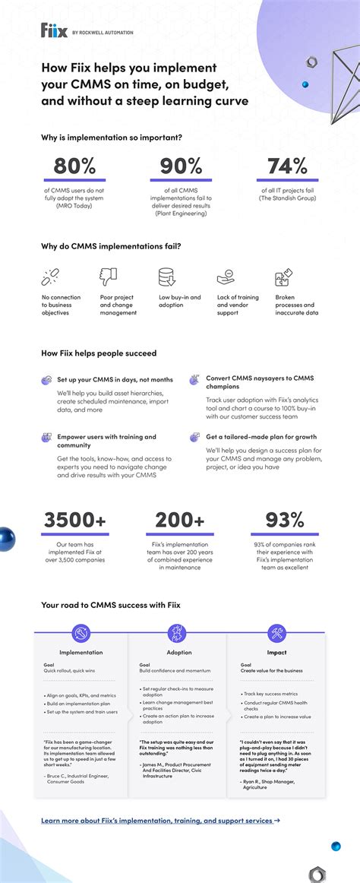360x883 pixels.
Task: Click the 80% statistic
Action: tap(74, 166)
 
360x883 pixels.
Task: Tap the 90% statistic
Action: tap(180, 166)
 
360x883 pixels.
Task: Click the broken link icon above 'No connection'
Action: tap(51, 277)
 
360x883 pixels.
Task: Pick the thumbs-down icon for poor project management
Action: tap(109, 277)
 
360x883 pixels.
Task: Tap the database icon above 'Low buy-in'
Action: tap(167, 277)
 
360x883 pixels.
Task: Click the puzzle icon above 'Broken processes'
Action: tap(283, 277)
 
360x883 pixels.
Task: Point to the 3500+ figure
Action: tap(74, 520)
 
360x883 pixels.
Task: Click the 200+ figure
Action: tap(180, 520)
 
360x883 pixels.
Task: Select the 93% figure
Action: tap(286, 520)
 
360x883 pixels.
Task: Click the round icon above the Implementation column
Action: tap(81, 631)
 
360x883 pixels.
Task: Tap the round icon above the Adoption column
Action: tap(178, 631)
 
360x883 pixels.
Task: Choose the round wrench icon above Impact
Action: tap(276, 631)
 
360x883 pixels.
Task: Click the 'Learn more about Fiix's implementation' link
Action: tap(160, 821)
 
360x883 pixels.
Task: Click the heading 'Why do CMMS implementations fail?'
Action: tap(111, 245)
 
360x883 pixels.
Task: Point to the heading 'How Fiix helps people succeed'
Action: tap(99, 353)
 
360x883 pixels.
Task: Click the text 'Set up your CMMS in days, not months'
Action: tap(115, 379)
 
